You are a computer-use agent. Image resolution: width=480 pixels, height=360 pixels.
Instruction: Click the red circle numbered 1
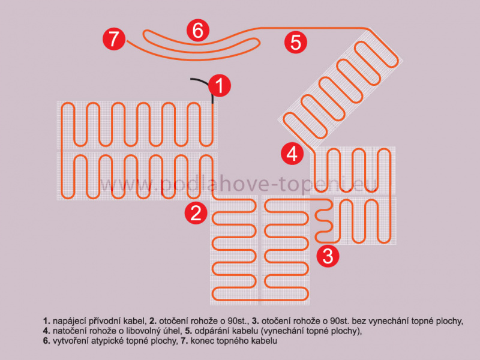coord(220,86)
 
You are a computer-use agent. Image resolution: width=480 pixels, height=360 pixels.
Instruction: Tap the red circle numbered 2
coord(196,213)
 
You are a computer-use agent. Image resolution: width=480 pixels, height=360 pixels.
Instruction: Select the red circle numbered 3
coord(328,256)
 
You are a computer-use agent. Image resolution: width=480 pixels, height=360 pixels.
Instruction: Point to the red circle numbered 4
coord(292,154)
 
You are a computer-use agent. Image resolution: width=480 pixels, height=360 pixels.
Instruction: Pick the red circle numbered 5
coord(296,42)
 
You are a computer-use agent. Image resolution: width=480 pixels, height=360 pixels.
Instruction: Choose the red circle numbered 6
coord(198,31)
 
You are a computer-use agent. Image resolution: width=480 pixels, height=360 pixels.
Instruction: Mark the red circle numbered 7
coord(114,39)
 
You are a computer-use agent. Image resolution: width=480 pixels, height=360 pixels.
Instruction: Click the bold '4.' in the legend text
coord(47,331)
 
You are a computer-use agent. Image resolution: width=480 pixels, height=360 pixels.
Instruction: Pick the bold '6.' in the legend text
coord(47,341)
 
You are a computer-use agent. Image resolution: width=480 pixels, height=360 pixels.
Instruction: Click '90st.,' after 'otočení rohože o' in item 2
coord(238,322)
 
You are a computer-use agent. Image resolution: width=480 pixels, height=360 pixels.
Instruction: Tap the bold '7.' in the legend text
coord(184,341)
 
